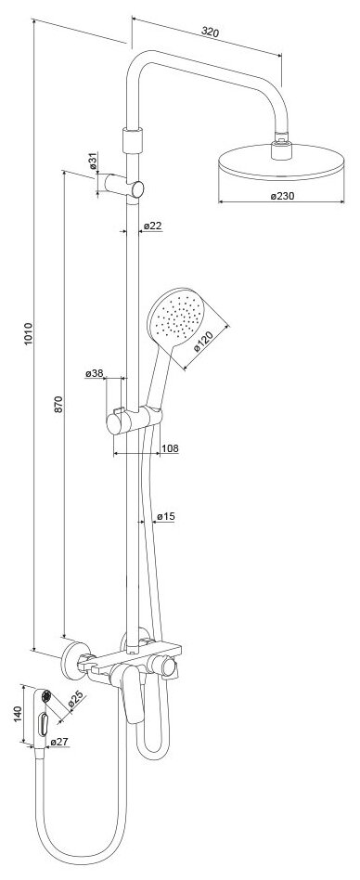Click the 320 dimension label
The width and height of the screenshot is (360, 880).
[210, 32]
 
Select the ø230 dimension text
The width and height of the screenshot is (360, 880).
[282, 196]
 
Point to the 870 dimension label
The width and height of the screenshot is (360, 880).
[59, 405]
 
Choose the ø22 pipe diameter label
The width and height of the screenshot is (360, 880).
[152, 226]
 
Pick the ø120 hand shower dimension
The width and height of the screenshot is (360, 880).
[205, 340]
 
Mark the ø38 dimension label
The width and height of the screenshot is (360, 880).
[95, 373]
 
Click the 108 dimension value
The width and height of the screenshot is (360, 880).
[170, 447]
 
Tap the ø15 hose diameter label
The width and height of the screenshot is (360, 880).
[166, 516]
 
